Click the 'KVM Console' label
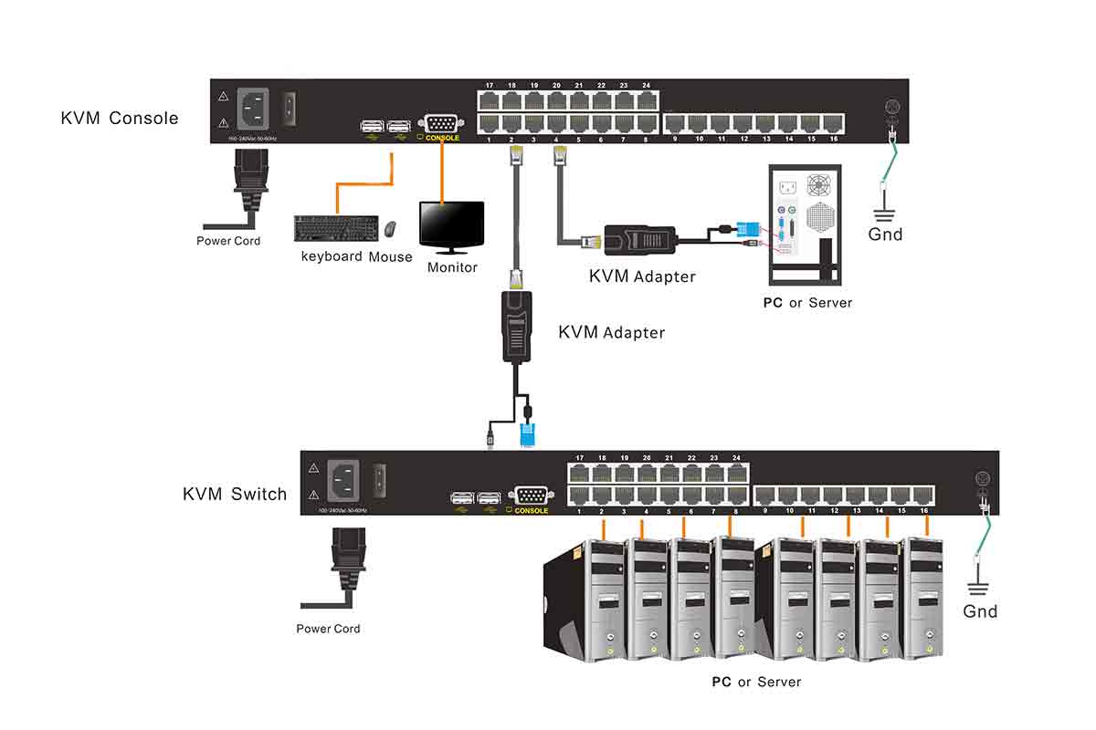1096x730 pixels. (120, 118)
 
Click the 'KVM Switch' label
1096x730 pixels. (235, 495)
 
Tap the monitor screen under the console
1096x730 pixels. (451, 223)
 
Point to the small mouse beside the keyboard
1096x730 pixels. (391, 227)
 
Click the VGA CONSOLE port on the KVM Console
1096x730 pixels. (442, 124)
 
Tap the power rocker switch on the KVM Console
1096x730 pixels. (291, 109)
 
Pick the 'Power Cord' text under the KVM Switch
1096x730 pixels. (328, 629)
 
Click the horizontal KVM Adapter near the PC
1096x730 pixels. (644, 240)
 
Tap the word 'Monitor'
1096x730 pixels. (452, 267)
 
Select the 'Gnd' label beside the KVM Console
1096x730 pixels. (885, 235)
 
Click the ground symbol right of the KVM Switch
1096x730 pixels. (980, 587)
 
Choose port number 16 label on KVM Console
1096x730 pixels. (833, 140)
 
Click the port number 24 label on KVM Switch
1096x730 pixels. (736, 457)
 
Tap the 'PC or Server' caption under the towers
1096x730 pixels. (756, 682)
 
